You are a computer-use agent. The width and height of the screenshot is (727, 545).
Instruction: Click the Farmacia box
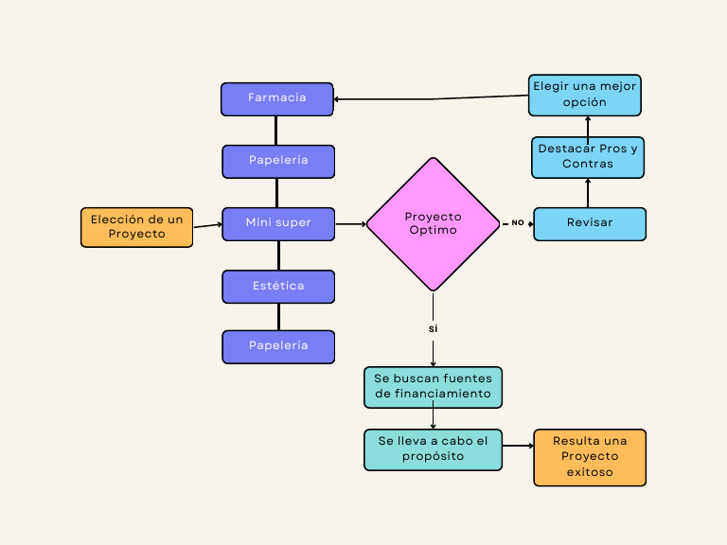(277, 98)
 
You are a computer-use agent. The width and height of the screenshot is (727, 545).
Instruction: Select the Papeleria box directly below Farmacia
(278, 161)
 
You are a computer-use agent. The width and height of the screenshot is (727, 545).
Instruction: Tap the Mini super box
(278, 223)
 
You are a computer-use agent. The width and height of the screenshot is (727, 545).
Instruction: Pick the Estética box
(278, 286)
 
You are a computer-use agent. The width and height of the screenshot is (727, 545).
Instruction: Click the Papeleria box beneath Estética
(278, 346)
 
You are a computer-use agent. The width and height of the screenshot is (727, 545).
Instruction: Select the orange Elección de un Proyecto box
(136, 227)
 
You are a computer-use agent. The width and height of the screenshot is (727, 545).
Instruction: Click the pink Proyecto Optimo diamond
(433, 223)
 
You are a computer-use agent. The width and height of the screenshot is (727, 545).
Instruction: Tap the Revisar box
(590, 223)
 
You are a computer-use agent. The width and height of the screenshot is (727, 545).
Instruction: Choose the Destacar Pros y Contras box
(587, 156)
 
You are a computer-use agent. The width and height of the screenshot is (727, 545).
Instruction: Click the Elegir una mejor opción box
(585, 95)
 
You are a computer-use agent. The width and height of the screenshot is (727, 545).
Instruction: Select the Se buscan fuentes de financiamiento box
(433, 387)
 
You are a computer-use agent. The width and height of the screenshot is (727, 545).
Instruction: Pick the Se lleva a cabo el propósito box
(433, 449)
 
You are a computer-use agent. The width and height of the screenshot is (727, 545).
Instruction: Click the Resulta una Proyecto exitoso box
(590, 457)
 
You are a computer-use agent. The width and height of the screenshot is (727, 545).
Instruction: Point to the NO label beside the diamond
(518, 223)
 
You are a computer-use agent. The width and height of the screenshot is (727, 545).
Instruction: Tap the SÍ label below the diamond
(433, 328)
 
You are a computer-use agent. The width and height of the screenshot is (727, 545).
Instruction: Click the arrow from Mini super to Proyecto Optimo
(350, 224)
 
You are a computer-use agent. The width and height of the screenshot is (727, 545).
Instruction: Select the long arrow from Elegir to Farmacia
(431, 97)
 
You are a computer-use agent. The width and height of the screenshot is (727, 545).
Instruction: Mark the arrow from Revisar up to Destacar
(588, 192)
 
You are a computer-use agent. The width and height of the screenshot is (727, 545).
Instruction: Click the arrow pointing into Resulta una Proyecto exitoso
(517, 446)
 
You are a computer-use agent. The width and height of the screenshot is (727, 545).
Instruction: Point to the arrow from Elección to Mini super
(207, 225)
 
